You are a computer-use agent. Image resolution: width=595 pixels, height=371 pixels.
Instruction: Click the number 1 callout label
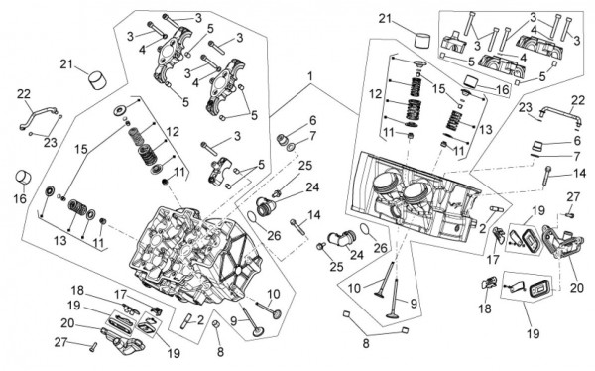(310, 76)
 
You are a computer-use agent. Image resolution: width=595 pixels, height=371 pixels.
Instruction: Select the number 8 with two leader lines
(365, 344)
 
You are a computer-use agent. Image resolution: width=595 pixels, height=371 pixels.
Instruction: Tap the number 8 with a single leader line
(220, 352)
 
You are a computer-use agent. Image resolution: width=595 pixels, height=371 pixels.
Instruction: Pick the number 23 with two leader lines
(51, 143)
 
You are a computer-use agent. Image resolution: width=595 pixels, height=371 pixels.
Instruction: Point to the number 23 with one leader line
(526, 107)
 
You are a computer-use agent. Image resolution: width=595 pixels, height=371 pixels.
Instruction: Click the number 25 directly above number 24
(305, 166)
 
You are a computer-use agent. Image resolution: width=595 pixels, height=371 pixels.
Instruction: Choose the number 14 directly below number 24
(314, 215)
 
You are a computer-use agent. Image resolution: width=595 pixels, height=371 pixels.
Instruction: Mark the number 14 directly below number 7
(579, 174)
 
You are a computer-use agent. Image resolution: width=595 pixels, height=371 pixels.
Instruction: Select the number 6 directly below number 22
(577, 141)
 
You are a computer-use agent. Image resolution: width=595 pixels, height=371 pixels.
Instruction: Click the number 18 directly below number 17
(485, 309)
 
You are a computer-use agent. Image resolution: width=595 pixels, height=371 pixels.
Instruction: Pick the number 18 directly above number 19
(77, 291)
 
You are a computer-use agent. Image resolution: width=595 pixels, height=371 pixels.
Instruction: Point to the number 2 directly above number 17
(482, 228)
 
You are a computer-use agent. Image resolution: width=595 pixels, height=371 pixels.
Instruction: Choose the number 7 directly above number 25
(312, 136)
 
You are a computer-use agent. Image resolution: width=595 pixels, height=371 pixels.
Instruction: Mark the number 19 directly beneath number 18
(74, 305)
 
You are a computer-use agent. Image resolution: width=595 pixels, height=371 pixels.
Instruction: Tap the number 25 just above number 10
(336, 267)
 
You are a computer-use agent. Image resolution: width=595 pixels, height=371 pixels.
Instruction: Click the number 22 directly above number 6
(578, 100)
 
